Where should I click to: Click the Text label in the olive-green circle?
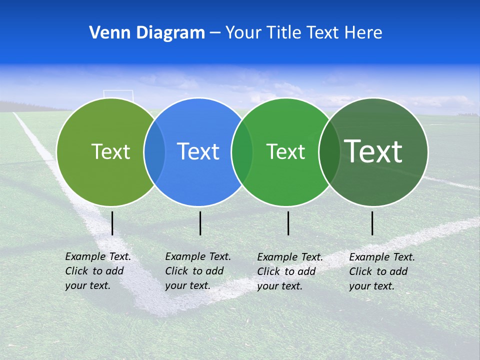[110, 151]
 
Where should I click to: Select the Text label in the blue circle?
[198, 151]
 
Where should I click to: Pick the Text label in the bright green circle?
[285, 151]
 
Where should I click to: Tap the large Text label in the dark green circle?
[373, 151]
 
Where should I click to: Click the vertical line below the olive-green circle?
[112, 223]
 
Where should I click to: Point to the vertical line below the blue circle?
[200, 223]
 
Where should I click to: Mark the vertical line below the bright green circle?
[288, 223]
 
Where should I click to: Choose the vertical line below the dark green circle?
[372, 223]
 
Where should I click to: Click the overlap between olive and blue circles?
[154, 151]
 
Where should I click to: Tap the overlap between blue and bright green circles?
[242, 151]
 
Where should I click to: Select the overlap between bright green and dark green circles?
[329, 151]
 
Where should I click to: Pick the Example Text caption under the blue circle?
[198, 271]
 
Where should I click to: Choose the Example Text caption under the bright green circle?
[290, 271]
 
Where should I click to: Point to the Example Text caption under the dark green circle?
[382, 271]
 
